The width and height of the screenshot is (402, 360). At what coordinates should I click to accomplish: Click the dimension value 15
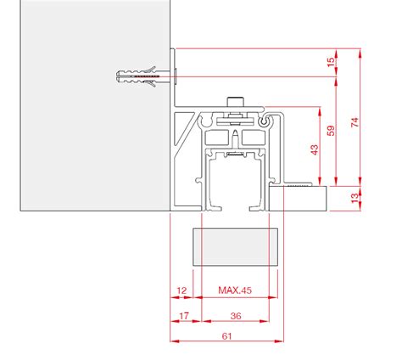pyautogui.click(x=331, y=62)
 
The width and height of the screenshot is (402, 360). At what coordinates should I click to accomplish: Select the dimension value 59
pyautogui.click(x=331, y=131)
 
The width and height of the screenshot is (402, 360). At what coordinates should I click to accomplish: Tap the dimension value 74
pyautogui.click(x=355, y=122)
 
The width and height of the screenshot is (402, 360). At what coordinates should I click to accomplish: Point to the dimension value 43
pyautogui.click(x=315, y=149)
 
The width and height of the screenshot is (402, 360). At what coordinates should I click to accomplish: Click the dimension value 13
pyautogui.click(x=355, y=198)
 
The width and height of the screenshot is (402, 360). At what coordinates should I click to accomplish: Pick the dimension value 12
pyautogui.click(x=181, y=290)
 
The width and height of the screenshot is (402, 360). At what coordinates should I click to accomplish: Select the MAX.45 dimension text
pyautogui.click(x=235, y=290)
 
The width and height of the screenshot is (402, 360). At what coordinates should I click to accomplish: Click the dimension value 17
pyautogui.click(x=184, y=316)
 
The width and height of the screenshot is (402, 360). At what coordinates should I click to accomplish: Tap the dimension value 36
pyautogui.click(x=236, y=316)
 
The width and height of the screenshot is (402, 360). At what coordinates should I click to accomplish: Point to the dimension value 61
pyautogui.click(x=226, y=336)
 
